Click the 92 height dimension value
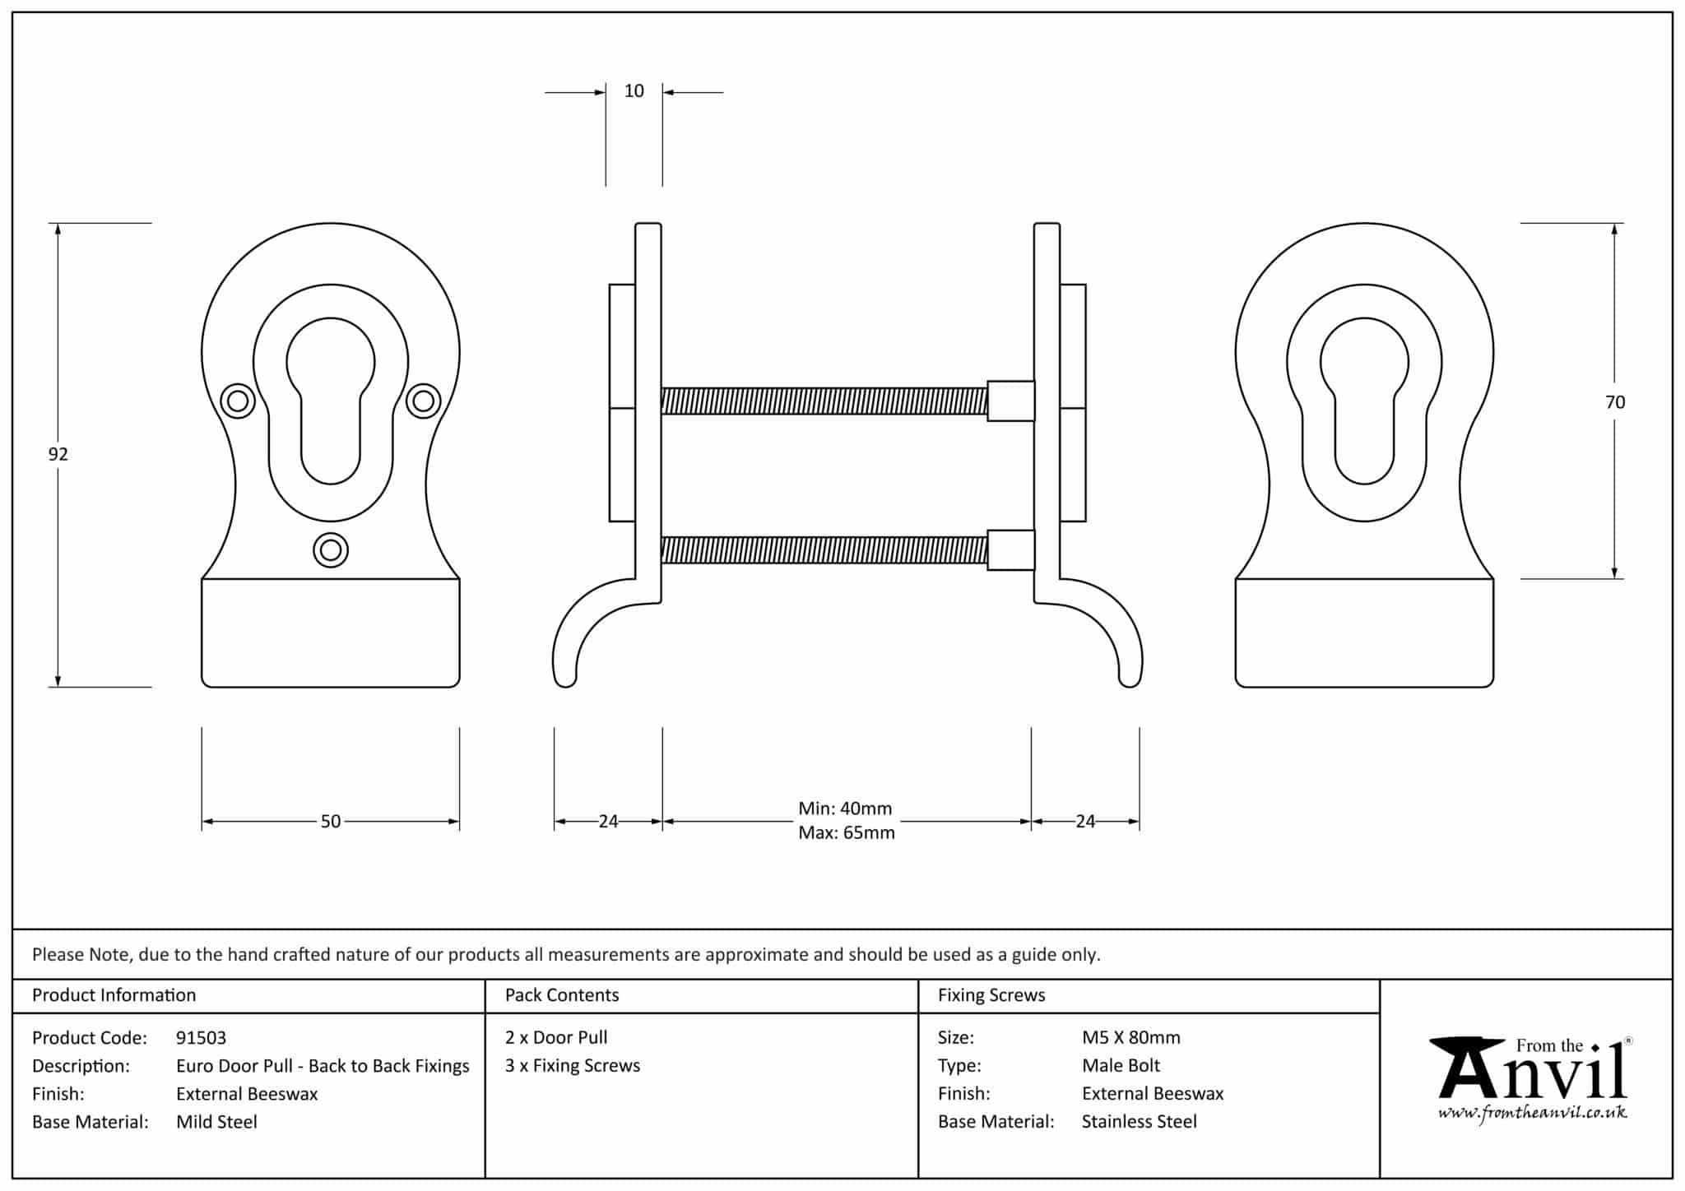(x=58, y=454)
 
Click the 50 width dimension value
(x=330, y=822)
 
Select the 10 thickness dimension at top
(x=634, y=91)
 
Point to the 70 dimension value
(x=1614, y=402)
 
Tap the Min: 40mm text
(x=845, y=809)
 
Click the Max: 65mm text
(x=846, y=833)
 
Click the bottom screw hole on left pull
(x=331, y=550)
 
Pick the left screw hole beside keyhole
(x=238, y=401)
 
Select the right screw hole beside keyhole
(x=423, y=401)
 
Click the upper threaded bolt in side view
(x=823, y=401)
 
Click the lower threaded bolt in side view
(x=823, y=550)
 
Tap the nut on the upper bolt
(x=1010, y=401)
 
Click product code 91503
(x=201, y=1038)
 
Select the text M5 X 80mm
(x=1130, y=1038)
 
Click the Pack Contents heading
(x=561, y=995)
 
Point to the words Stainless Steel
(x=1139, y=1122)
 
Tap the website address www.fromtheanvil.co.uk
(x=1532, y=1114)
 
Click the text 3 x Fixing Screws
(x=572, y=1066)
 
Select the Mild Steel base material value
(x=216, y=1122)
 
